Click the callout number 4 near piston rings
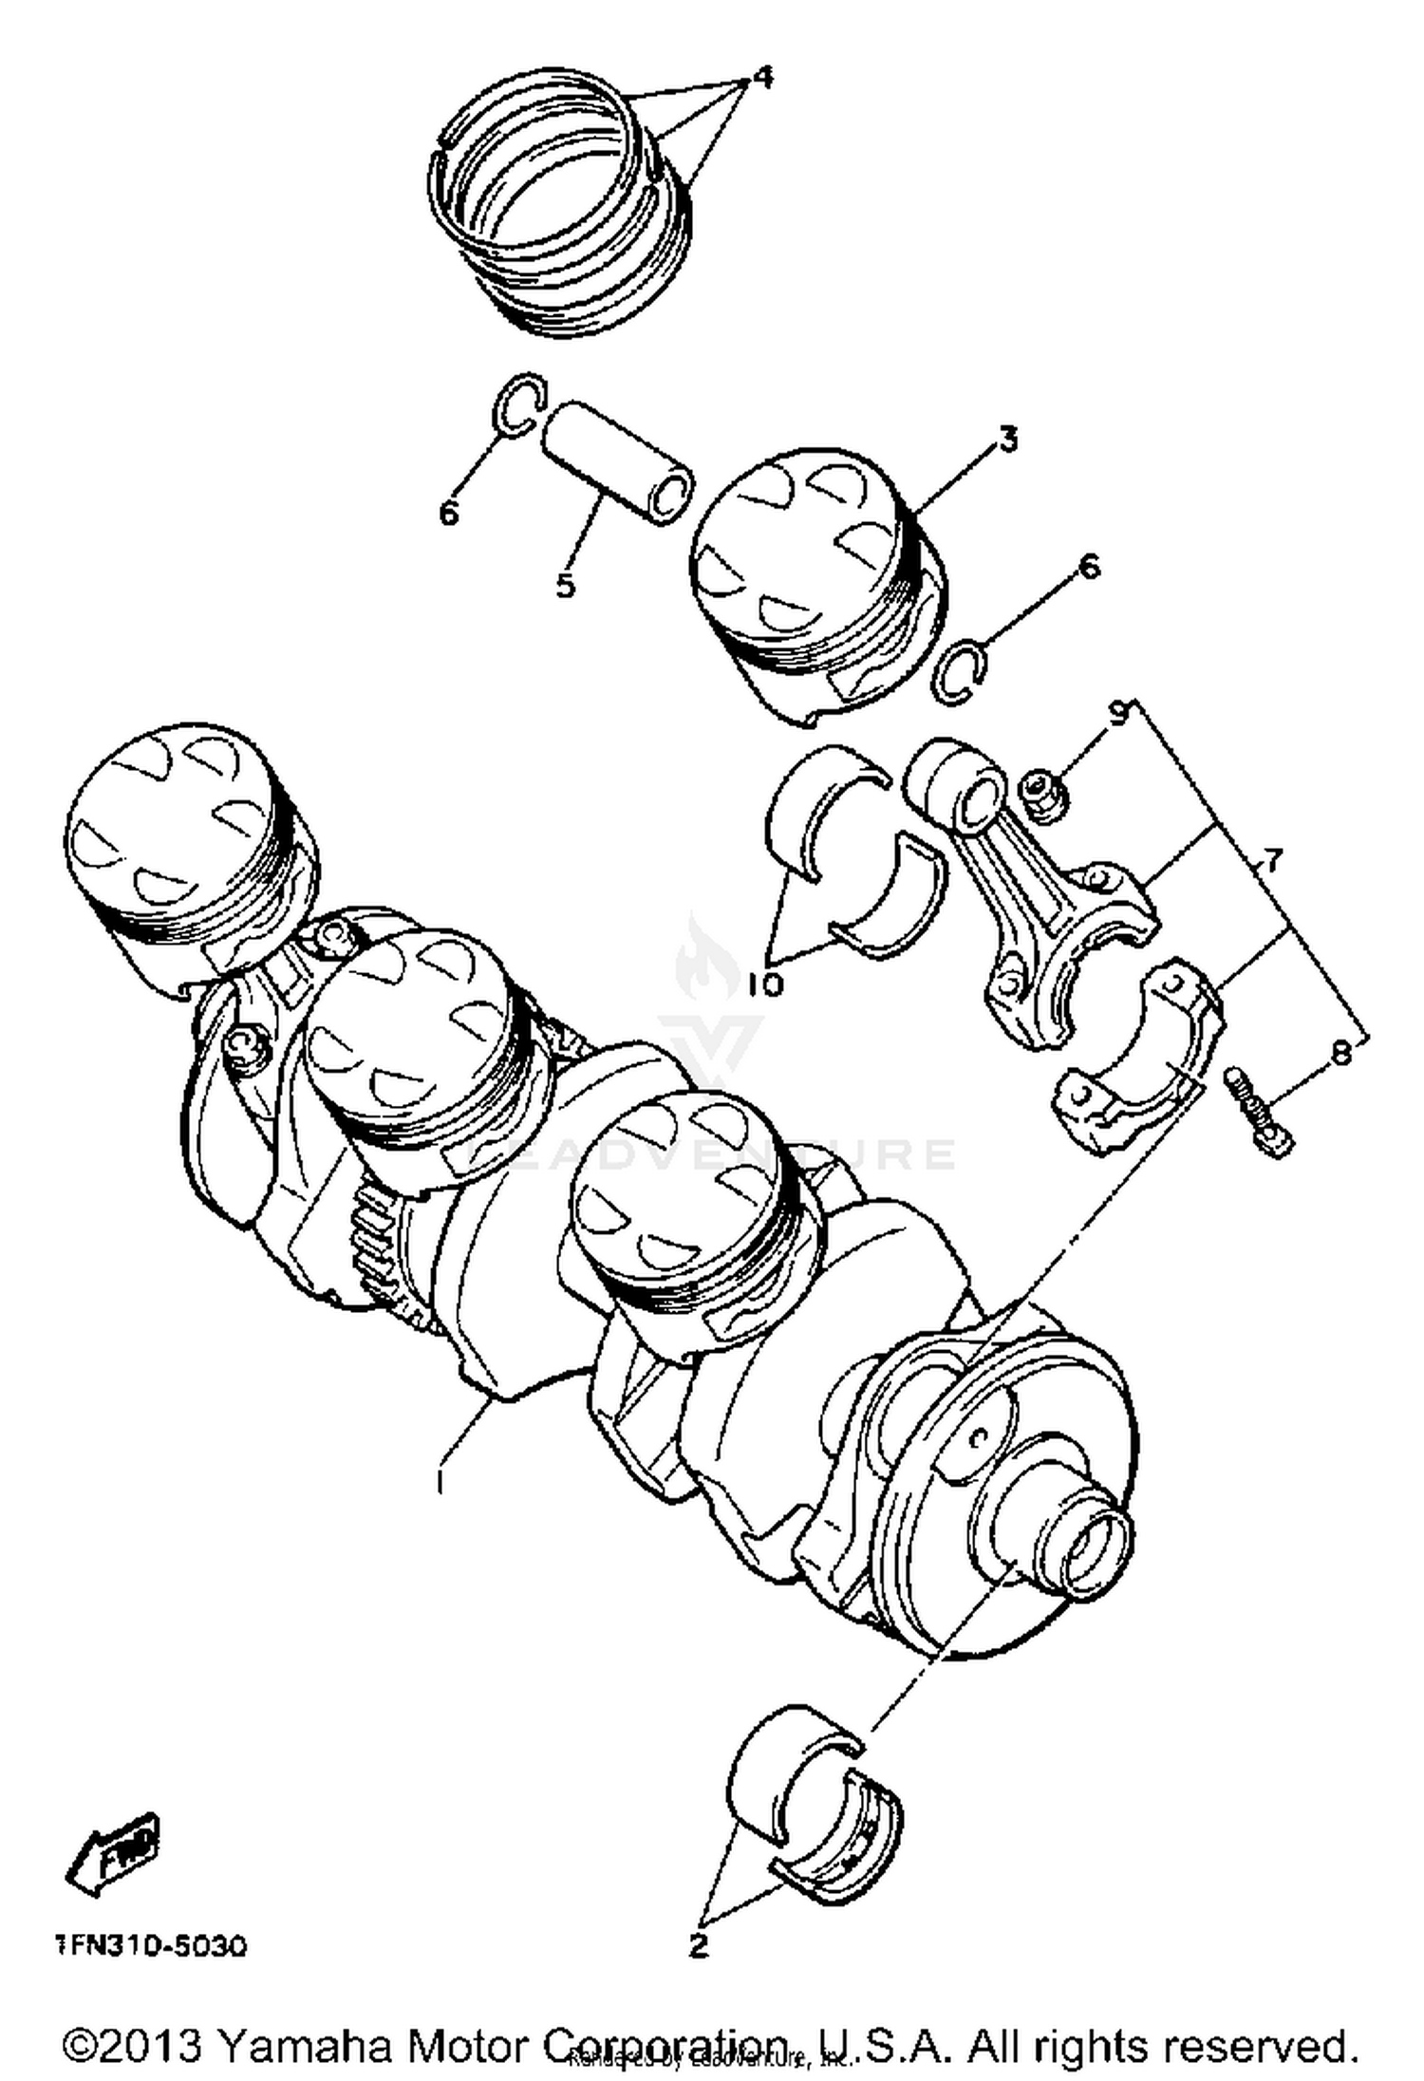759,78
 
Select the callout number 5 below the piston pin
566,585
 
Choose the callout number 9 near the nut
1118,712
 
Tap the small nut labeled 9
1042,794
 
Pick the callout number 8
1341,1052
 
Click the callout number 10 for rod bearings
765,984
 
